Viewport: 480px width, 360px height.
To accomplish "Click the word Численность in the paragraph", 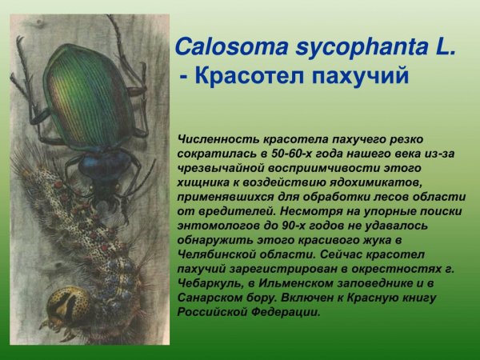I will (215, 138).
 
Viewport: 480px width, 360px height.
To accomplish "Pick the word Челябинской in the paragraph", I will (214, 254).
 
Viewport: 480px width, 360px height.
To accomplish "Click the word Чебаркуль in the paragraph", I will (210, 282).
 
